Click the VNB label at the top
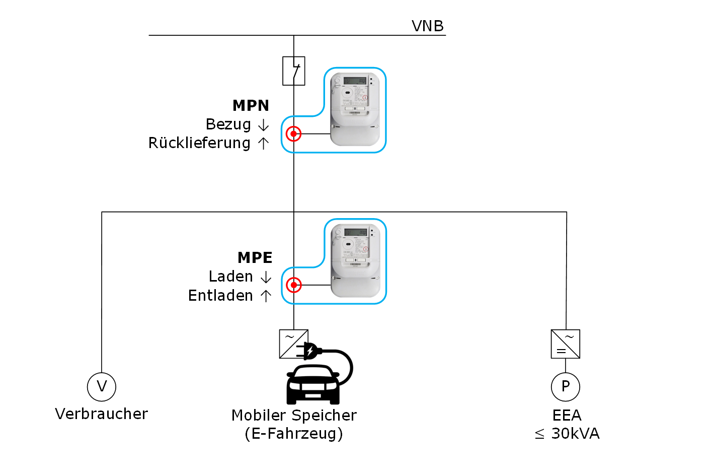[427, 26]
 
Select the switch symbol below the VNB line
[294, 71]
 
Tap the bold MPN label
[251, 105]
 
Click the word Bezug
[228, 124]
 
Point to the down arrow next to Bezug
[263, 125]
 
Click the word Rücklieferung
[199, 143]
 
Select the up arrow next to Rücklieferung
[263, 144]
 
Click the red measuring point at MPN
[293, 134]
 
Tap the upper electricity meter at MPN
[355, 109]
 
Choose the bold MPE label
[255, 257]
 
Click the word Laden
[230, 277]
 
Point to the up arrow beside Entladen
[266, 296]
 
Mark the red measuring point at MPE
[293, 285]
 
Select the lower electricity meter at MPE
[355, 260]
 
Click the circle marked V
[102, 386]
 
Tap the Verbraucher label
[102, 414]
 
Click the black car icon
[313, 384]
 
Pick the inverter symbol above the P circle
[566, 344]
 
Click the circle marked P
[566, 386]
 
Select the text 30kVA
[575, 434]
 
